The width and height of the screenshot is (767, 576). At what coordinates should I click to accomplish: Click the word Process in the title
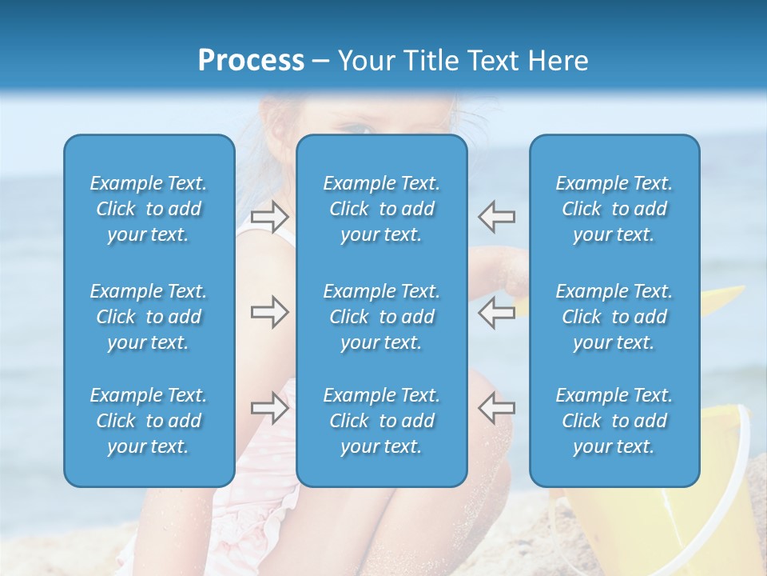tap(251, 61)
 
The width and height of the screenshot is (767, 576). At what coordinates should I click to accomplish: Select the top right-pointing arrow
tap(269, 216)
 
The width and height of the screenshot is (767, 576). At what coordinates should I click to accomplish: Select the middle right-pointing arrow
tap(269, 312)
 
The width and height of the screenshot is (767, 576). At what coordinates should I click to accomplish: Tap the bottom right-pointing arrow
tap(269, 408)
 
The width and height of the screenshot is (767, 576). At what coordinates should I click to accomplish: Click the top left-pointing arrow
tap(497, 216)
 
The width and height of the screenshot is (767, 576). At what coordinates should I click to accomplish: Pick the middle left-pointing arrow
tap(497, 312)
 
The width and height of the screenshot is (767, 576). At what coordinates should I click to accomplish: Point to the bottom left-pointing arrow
tap(497, 408)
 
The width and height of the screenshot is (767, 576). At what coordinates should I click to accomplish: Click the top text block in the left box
tap(149, 209)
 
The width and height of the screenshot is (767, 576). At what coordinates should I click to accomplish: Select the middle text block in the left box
tap(149, 317)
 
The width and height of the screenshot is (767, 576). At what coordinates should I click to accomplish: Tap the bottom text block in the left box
tap(149, 421)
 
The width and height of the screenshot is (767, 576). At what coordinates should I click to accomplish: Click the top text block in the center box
tap(381, 209)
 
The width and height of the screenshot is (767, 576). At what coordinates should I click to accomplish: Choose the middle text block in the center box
tap(381, 317)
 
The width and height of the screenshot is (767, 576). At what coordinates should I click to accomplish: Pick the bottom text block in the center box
tap(381, 421)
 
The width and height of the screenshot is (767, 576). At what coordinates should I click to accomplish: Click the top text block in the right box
tap(614, 209)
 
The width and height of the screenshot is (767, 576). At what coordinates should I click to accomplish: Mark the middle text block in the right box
tap(614, 317)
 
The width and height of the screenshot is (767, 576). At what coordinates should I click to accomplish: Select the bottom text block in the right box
tap(614, 421)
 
